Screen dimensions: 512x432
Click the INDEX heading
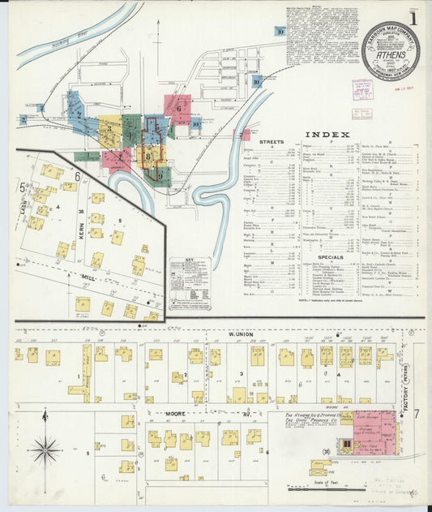[328, 135]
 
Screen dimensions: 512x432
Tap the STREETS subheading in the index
[272, 143]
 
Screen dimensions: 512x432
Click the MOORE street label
[176, 413]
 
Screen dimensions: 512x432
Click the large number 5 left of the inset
[22, 187]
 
